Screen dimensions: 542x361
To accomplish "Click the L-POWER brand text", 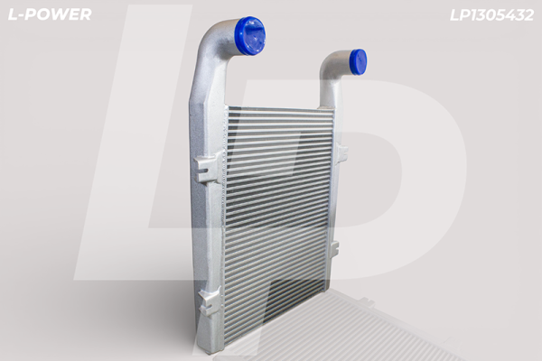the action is [50, 14].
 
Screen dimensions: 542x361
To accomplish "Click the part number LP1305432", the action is [492, 15].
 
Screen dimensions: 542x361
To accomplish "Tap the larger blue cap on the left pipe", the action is [250, 35].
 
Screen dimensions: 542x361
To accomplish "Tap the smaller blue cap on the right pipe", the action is [357, 60].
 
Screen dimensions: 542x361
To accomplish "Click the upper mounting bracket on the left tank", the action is [208, 169].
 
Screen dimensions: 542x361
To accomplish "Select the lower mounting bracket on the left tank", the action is [210, 301].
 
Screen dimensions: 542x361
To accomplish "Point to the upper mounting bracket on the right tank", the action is [342, 153].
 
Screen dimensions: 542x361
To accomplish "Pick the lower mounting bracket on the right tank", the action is [334, 249].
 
